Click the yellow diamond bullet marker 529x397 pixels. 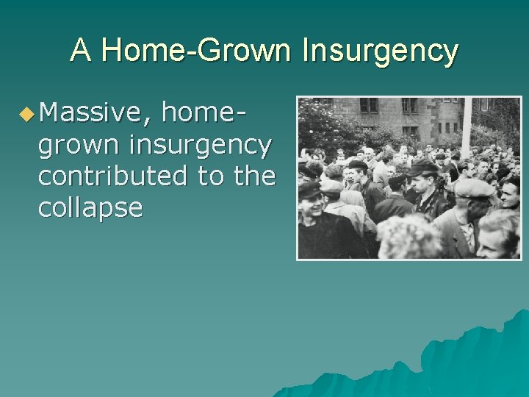26,114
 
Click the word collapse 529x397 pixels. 90,208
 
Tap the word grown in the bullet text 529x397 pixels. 79,146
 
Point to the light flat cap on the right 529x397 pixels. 473,187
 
